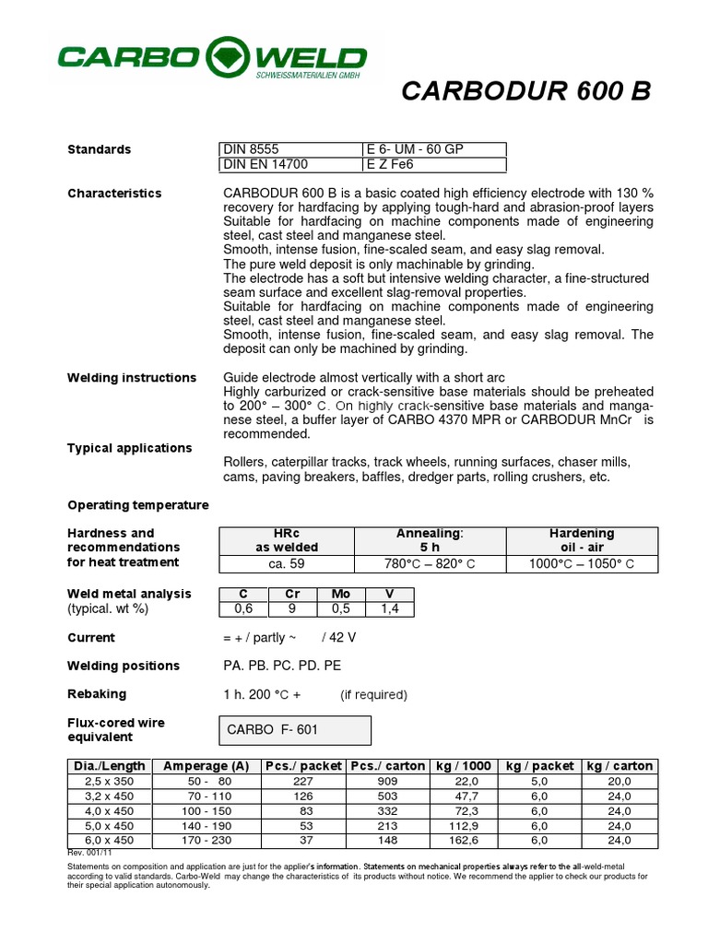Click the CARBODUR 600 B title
pyautogui.click(x=526, y=91)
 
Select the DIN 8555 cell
pyautogui.click(x=252, y=149)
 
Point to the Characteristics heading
pyautogui.click(x=114, y=194)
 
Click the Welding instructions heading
pyautogui.click(x=132, y=378)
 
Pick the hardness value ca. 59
pyautogui.click(x=283, y=563)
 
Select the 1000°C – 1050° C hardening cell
pyautogui.click(x=582, y=563)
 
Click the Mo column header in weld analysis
pyautogui.click(x=340, y=594)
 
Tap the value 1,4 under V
pyautogui.click(x=390, y=608)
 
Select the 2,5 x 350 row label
pyautogui.click(x=109, y=781)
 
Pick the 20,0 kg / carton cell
pyautogui.click(x=619, y=781)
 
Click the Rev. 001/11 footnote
pyautogui.click(x=86, y=853)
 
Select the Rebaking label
pyautogui.click(x=97, y=694)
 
